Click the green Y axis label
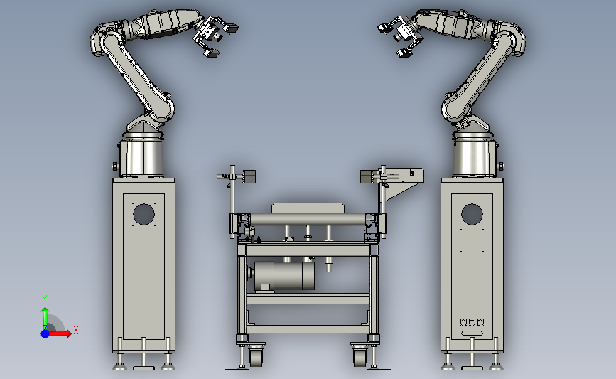coord(45,299)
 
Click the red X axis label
coord(76,330)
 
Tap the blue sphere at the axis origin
coord(45,333)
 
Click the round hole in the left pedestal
coord(144,214)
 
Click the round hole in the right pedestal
coord(472,214)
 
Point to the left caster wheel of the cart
coord(256,357)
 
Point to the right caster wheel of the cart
coord(360,357)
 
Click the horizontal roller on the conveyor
coord(308,220)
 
